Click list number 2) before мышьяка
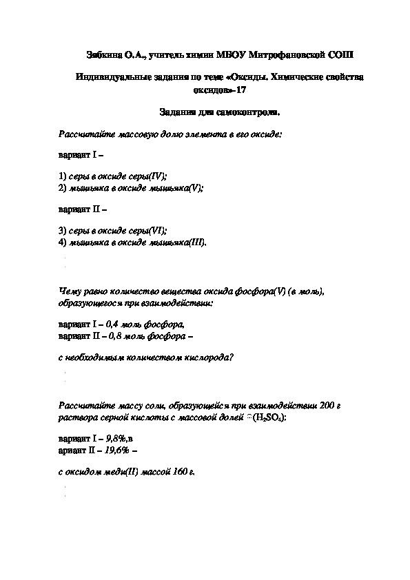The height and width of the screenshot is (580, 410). click(62, 188)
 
